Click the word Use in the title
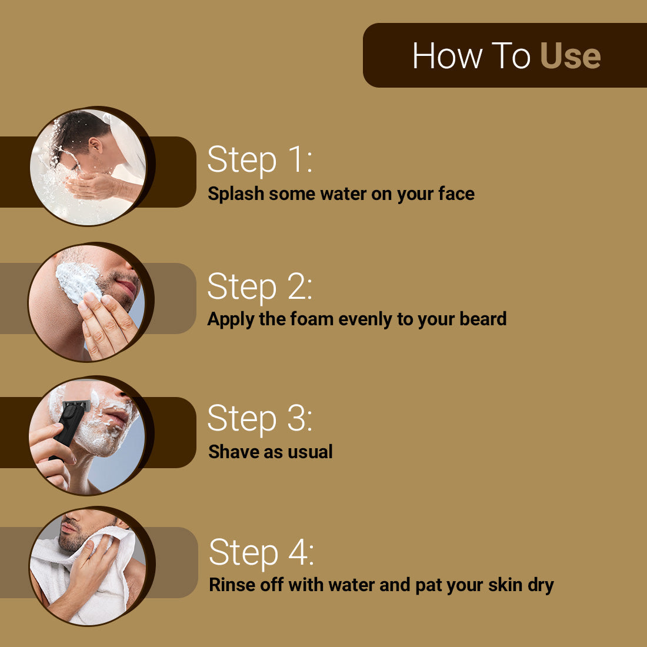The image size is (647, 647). (570, 56)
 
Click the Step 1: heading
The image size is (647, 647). (259, 159)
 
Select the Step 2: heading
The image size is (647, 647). (259, 286)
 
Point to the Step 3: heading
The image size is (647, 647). (259, 419)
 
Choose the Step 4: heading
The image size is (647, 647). (261, 553)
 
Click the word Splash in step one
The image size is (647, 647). (236, 194)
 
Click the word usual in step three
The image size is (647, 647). (310, 452)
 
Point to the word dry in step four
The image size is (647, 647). (541, 585)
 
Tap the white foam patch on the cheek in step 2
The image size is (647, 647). (76, 281)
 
